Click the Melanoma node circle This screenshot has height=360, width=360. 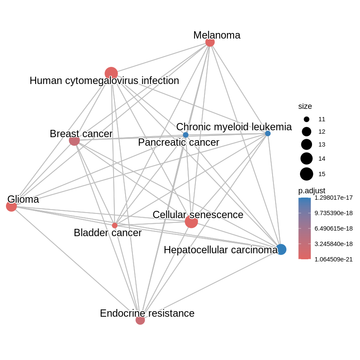point(210,42)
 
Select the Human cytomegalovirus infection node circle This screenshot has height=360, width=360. point(111,73)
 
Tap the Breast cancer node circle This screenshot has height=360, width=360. point(74,140)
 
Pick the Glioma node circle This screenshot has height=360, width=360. point(11,206)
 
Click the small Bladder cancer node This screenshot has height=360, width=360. point(114,225)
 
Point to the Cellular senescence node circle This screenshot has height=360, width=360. point(191,222)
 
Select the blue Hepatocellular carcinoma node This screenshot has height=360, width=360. point(281,249)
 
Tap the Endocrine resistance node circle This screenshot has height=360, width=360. point(140,320)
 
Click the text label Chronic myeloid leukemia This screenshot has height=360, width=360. point(234,127)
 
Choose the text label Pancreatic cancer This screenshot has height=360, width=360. point(178,142)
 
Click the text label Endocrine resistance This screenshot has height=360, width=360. point(147,313)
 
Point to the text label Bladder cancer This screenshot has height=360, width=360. point(108,233)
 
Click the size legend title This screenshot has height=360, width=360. point(305,106)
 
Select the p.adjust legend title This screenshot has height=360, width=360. point(312,190)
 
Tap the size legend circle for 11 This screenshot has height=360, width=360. point(306,119)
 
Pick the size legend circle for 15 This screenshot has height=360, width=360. point(306,174)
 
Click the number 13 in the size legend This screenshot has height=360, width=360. point(322,145)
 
